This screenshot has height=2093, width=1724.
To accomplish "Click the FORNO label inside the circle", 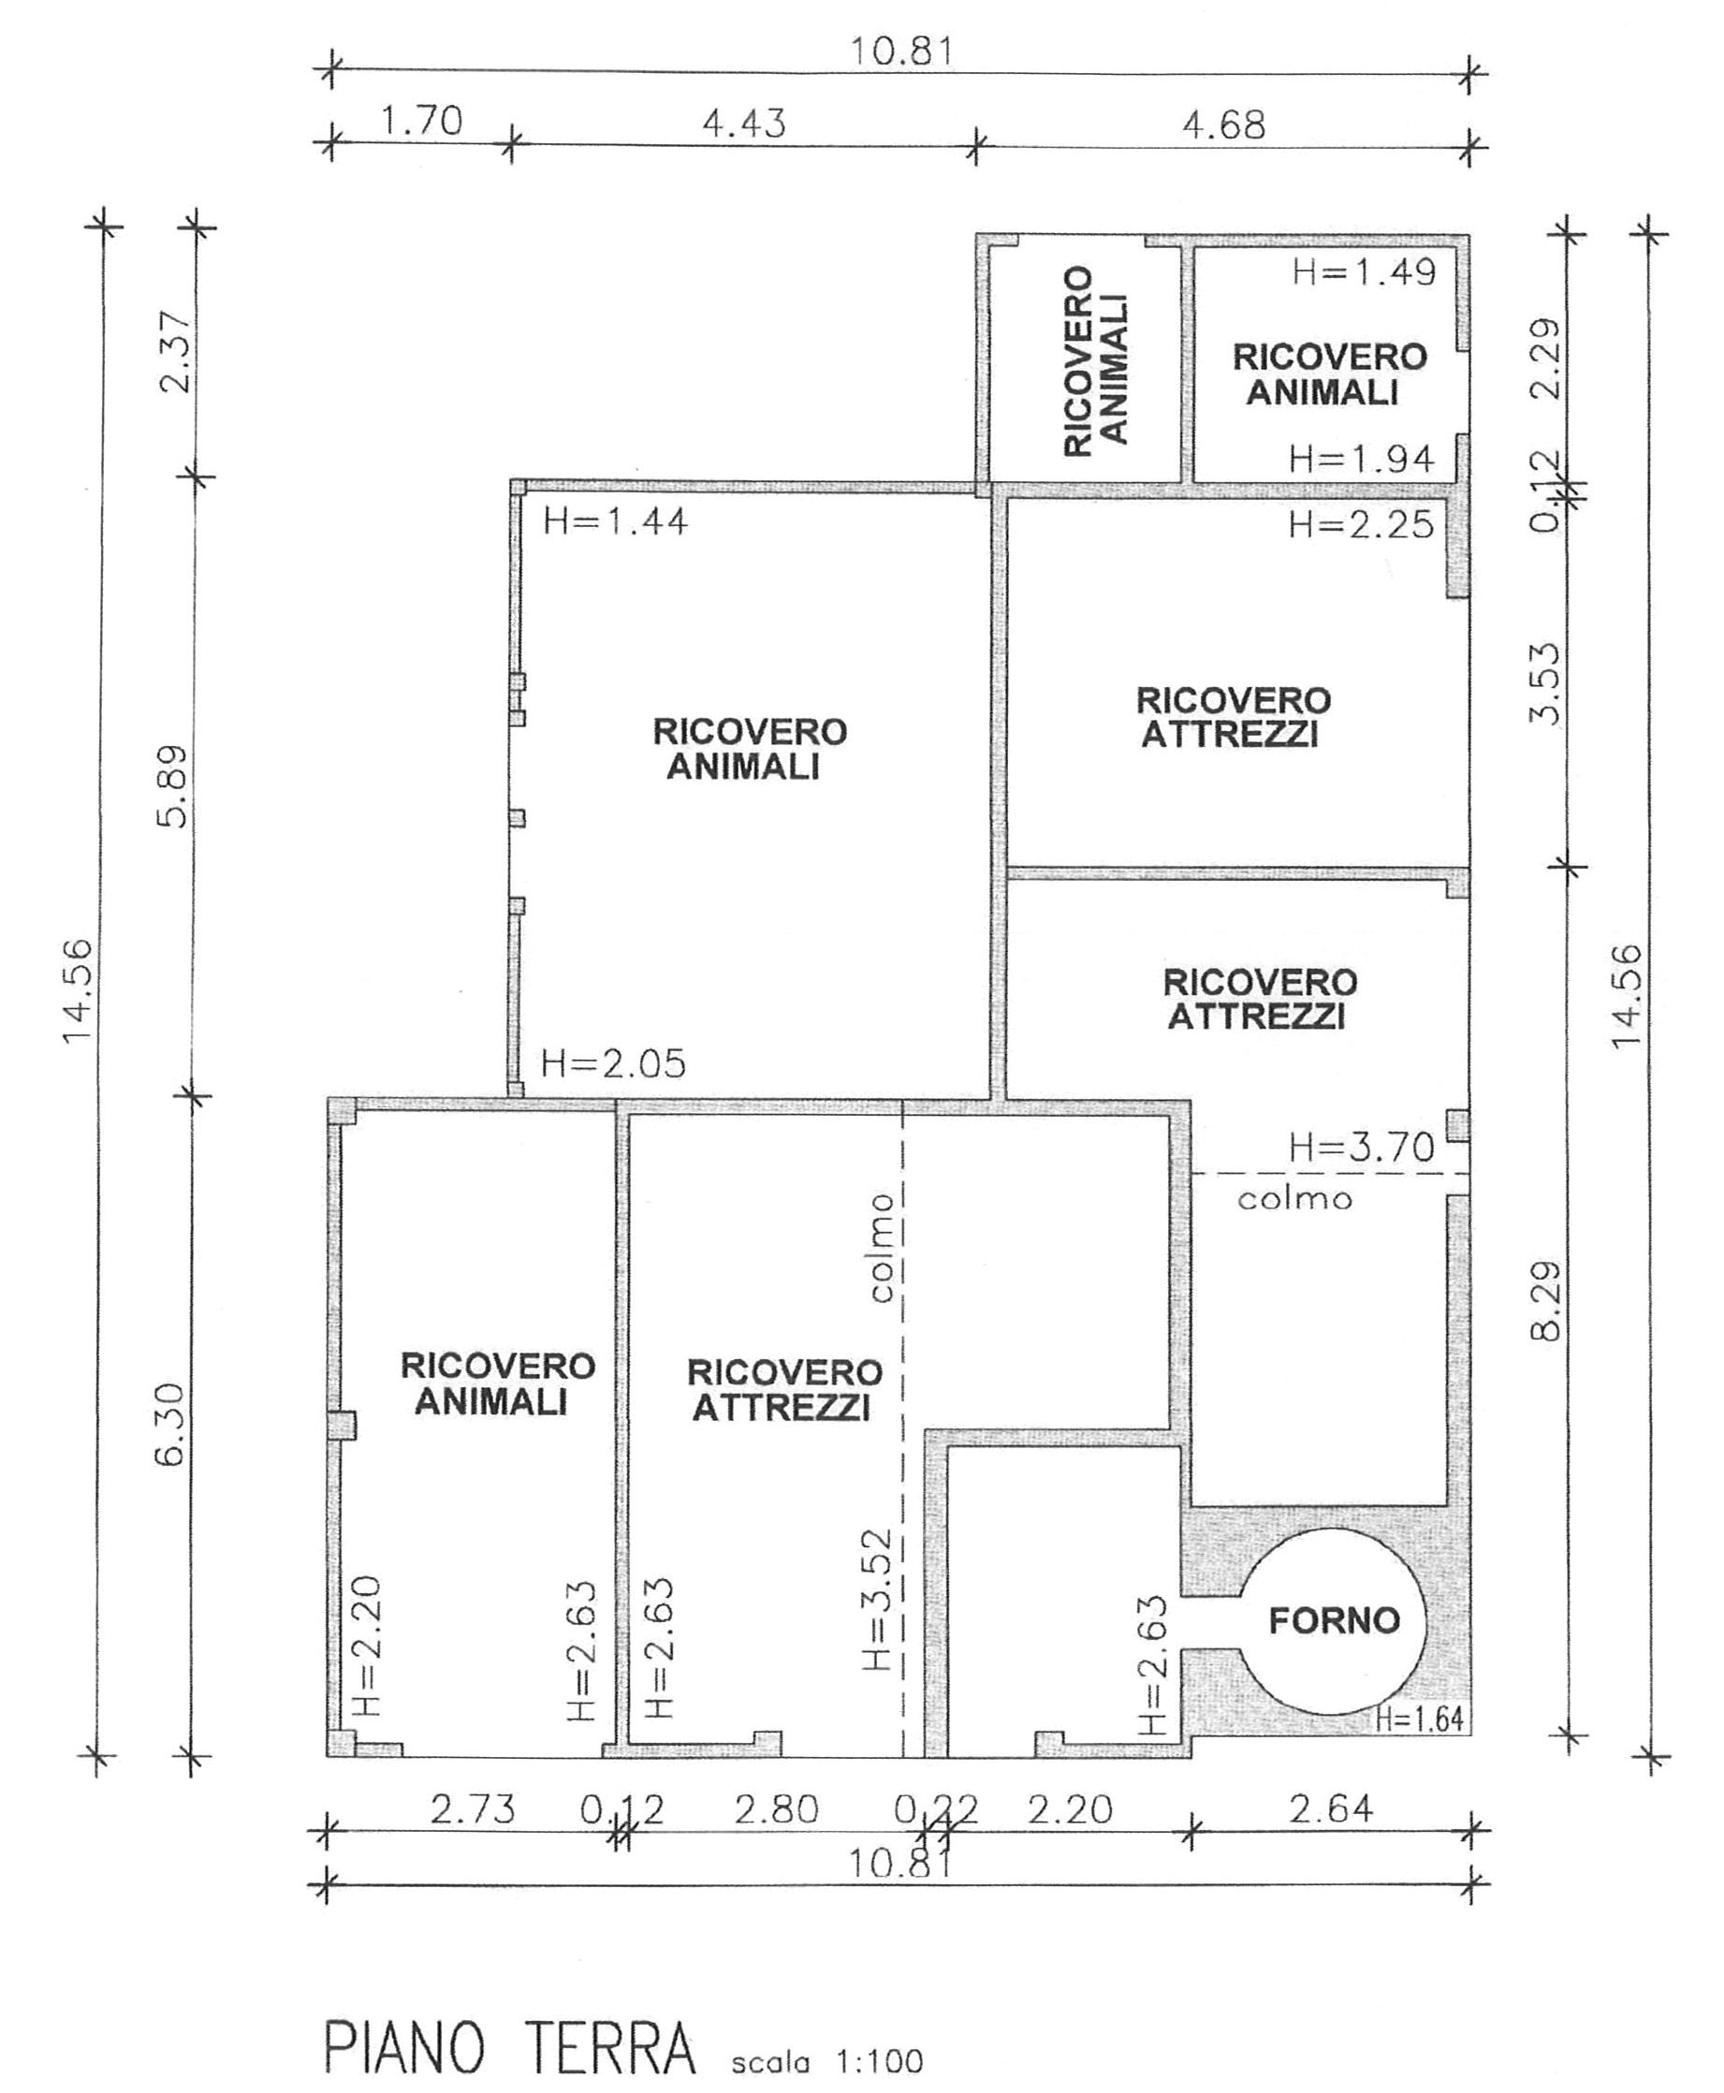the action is [1334, 1622].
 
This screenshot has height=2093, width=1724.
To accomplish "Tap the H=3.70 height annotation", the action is [1362, 1149].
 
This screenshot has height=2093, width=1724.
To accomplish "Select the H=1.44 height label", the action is [615, 521].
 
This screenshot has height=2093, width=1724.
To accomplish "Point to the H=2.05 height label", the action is [613, 1064].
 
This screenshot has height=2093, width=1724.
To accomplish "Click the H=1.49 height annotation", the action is [1364, 272].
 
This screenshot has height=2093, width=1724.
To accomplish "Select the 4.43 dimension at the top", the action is [744, 124].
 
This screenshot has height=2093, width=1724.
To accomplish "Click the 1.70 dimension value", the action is [422, 121].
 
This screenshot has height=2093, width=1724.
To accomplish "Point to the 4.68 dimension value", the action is [1223, 125].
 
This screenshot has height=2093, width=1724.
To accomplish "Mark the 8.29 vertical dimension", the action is [1546, 1302].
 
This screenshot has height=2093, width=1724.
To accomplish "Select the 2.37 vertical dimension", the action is [176, 352].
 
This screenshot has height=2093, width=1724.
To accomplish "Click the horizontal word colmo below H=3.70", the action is [1295, 1199].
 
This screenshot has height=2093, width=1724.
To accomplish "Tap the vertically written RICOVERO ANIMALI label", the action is [1095, 359].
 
